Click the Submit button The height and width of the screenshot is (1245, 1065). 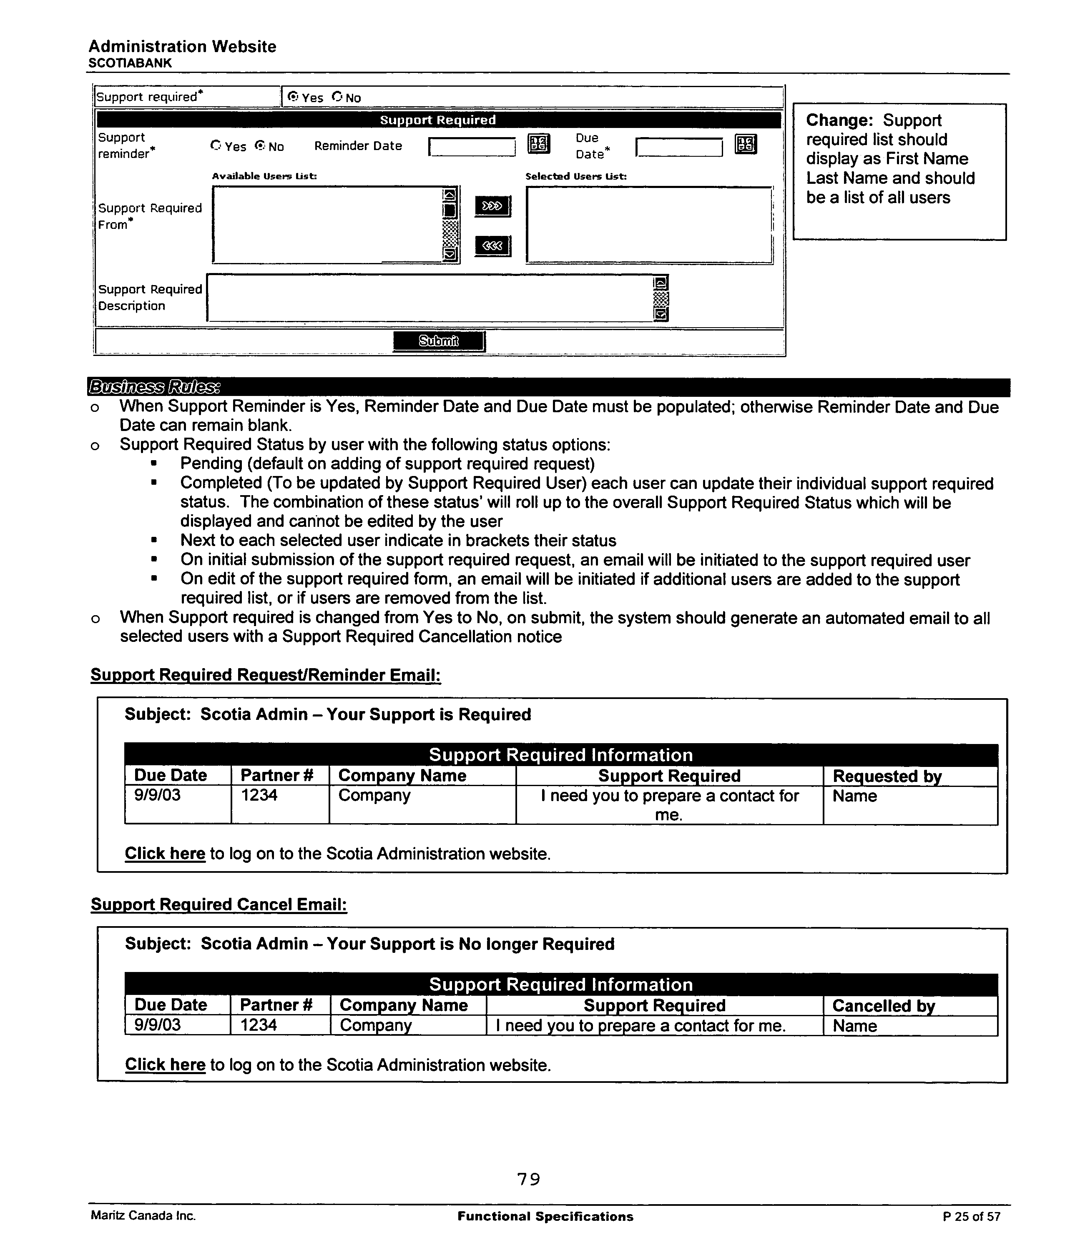pos(438,341)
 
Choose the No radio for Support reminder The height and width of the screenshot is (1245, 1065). pos(260,145)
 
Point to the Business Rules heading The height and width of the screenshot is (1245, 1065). pos(154,386)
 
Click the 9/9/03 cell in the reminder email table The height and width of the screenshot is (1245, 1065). pos(158,796)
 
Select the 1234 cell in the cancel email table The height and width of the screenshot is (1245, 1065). pos(259,1025)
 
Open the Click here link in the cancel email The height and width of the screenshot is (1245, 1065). pos(165,1065)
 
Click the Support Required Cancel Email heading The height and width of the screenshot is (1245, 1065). pos(219,904)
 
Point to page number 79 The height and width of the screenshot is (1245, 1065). pos(528,1180)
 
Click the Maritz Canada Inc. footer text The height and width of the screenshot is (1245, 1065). pos(143,1216)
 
